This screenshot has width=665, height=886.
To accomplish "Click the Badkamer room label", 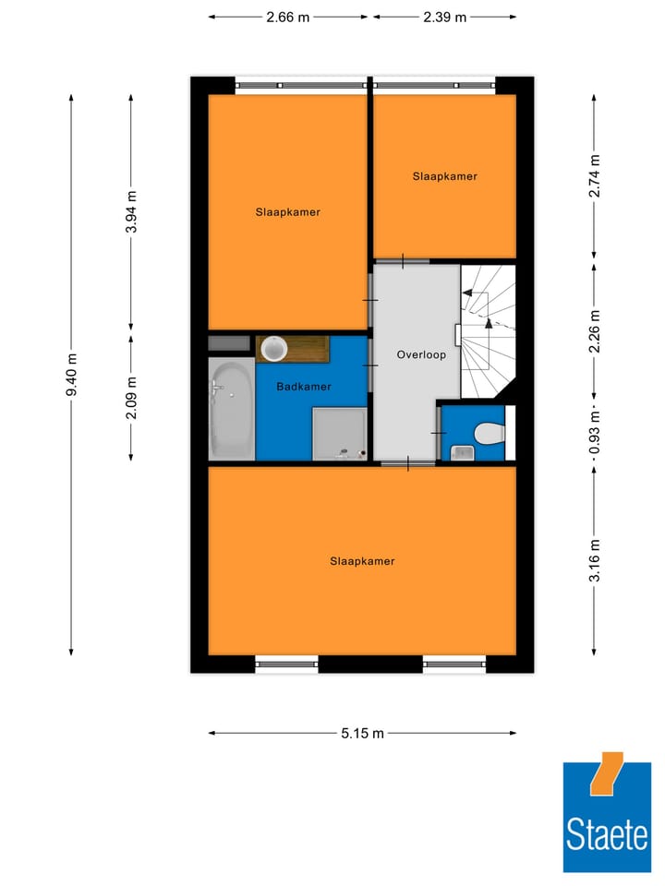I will click(304, 387).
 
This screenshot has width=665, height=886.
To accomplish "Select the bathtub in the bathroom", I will click(231, 409).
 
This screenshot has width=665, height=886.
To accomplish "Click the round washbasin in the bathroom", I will click(274, 349).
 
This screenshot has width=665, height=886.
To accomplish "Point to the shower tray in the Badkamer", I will click(340, 434).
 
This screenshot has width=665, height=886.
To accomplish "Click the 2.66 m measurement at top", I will click(287, 17).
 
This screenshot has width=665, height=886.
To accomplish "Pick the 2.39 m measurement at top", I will click(445, 17).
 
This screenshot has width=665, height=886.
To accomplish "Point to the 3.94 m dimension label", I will click(131, 211).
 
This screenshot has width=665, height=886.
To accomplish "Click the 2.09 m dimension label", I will click(131, 397).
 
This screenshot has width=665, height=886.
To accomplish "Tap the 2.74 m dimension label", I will click(594, 175).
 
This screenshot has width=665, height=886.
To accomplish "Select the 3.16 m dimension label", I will click(594, 560).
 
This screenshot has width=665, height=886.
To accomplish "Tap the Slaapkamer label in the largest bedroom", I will click(362, 560).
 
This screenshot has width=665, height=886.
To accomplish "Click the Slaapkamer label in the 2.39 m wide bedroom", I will click(445, 175).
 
